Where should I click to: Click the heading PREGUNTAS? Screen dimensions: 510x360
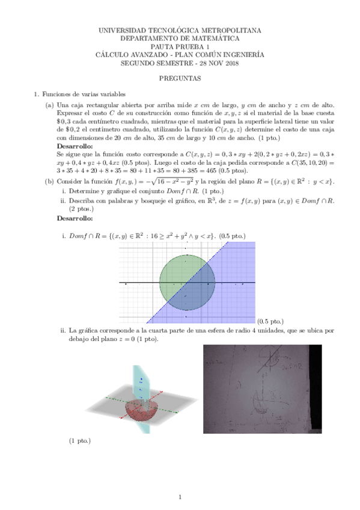coord(180,78)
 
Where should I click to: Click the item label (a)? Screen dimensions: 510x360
coord(49,105)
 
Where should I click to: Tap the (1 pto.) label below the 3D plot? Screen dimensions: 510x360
coord(80,441)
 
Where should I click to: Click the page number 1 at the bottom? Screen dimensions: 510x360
coord(180,497)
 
